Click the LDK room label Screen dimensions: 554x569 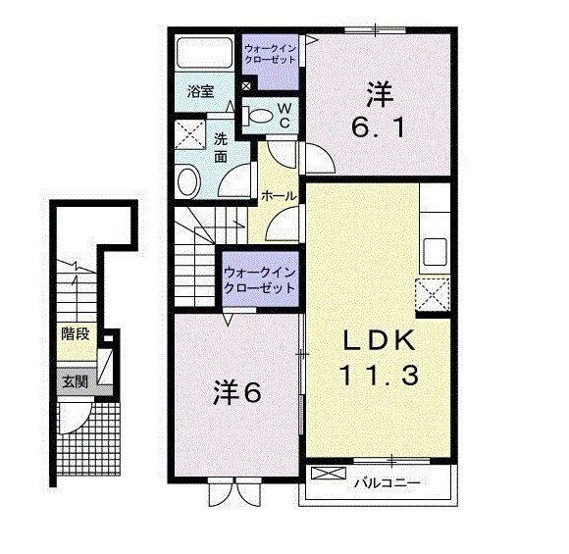(382, 341)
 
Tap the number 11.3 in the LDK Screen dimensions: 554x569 (381, 374)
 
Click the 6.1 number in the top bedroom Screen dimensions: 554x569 (380, 126)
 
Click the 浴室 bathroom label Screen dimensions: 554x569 (201, 93)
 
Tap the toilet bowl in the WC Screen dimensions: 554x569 (256, 115)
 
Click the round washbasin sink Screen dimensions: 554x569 (189, 181)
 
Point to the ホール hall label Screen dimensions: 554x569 (279, 196)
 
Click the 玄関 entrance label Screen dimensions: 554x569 (75, 382)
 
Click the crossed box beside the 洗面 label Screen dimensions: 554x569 (188, 136)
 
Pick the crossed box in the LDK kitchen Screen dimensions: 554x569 (433, 293)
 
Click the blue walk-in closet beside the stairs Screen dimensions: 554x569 (260, 278)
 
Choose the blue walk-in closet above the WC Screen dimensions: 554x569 (273, 53)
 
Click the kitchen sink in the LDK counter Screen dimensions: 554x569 (434, 253)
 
